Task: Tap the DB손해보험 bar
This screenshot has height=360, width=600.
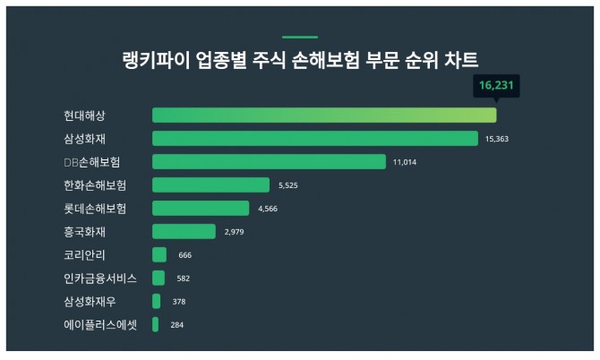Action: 269,162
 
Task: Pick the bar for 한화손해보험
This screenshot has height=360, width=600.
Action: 210,185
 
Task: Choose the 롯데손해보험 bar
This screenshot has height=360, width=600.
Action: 201,209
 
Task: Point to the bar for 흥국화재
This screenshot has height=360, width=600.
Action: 184,232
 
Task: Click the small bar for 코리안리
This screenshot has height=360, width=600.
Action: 159,255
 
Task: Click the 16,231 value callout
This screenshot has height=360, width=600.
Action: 496,86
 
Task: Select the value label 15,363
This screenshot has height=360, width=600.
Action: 497,140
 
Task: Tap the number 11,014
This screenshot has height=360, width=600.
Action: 405,163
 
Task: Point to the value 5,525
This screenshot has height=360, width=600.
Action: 287,186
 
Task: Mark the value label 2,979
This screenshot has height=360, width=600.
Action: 235,233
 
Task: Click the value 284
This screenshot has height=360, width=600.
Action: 176,325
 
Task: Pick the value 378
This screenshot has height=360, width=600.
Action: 179,302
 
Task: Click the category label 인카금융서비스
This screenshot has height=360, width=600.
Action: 100,279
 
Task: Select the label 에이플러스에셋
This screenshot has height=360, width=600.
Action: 100,325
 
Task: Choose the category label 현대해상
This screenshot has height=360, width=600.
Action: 83,116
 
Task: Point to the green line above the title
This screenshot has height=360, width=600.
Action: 300,37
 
